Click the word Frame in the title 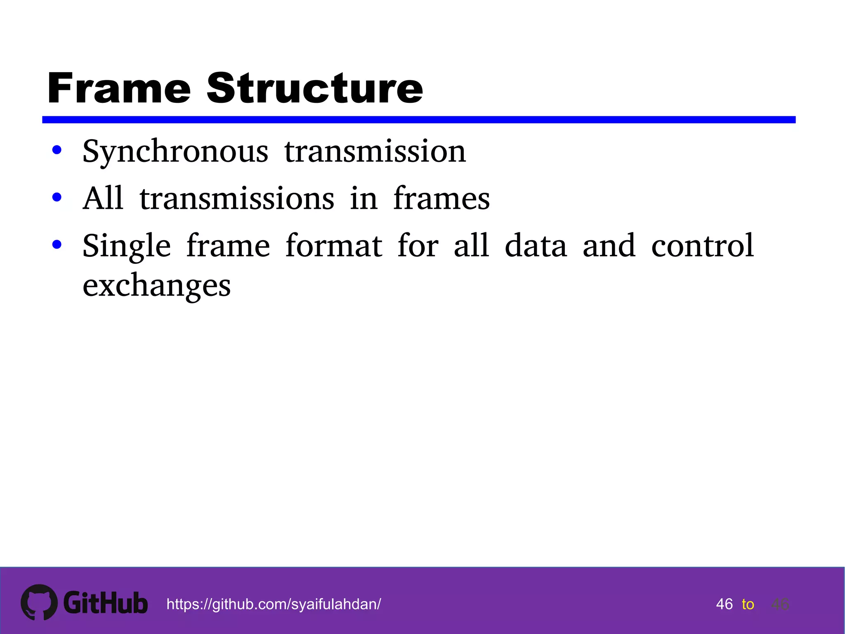pos(119,88)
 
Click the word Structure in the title pos(314,88)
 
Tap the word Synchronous pos(175,152)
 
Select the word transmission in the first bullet pos(375,151)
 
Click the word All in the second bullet pos(103,198)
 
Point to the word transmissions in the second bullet pos(237,199)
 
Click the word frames pos(441,199)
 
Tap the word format pos(334,246)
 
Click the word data pos(536,246)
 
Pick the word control pos(703,246)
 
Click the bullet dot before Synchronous pos(57,150)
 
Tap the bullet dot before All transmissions pos(57,197)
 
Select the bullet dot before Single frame pos(57,244)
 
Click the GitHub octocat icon pos(39,602)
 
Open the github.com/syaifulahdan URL pos(274,604)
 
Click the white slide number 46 pos(725,604)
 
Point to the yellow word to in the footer pos(748,604)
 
